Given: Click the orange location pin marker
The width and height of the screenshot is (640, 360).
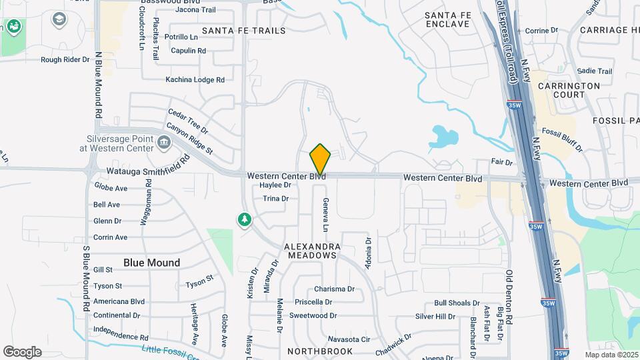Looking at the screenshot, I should pos(320,159).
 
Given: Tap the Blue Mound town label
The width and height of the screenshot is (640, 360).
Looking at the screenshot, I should pos(151,263).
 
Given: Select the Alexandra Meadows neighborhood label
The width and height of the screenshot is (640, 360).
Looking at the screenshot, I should pos(313,251).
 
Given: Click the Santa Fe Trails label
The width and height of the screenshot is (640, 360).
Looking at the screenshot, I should pos(243,31).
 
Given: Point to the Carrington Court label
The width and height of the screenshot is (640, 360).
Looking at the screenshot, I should pos(569,91).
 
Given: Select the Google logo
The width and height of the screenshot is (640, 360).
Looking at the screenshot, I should pos(22,352).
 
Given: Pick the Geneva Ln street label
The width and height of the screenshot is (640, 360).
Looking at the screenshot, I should pos(326,215).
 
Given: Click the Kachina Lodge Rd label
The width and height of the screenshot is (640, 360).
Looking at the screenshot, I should pos(195,80).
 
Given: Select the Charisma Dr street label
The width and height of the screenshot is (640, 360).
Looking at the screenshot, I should pos(334,289).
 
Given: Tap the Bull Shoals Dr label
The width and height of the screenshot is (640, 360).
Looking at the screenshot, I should pos(457,303).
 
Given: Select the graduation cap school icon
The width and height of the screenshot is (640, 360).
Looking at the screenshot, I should pos(59,19).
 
